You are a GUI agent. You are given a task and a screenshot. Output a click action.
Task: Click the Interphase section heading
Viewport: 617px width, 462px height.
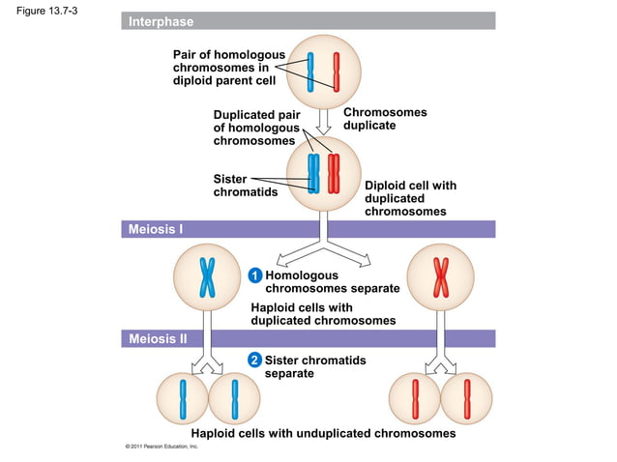pos(162,21)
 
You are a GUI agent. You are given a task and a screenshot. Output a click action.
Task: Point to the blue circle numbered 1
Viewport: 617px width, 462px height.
pos(254,276)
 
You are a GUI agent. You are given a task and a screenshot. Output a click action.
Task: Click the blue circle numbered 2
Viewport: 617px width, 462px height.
pos(254,361)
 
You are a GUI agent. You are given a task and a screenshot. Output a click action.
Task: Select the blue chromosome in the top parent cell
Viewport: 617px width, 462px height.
pos(311,71)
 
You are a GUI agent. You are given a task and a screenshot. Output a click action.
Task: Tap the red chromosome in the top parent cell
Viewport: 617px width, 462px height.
pos(337,71)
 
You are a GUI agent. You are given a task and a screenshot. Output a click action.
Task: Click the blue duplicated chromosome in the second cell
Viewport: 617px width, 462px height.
pos(313,174)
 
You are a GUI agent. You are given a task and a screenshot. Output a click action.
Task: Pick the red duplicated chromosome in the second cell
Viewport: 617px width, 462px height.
pos(334,174)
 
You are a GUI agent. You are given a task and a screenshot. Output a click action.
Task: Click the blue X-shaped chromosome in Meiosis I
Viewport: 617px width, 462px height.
pos(207,277)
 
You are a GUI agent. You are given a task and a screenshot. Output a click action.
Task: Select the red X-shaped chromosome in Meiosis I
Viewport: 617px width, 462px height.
pos(441,277)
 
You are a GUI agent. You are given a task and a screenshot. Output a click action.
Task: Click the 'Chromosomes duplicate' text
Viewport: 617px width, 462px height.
pos(385,119)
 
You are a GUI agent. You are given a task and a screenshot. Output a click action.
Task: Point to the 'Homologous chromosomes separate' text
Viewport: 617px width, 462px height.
pos(332,282)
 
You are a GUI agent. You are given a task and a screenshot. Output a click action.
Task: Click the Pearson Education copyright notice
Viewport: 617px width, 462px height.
pos(155,448)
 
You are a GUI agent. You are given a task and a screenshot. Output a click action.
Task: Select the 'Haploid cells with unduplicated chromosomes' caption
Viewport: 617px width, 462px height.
pos(323,433)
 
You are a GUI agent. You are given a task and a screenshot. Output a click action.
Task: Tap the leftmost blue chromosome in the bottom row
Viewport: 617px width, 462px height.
pos(182,396)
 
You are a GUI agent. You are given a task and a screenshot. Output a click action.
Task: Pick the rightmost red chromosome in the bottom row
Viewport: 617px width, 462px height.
pos(467,396)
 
